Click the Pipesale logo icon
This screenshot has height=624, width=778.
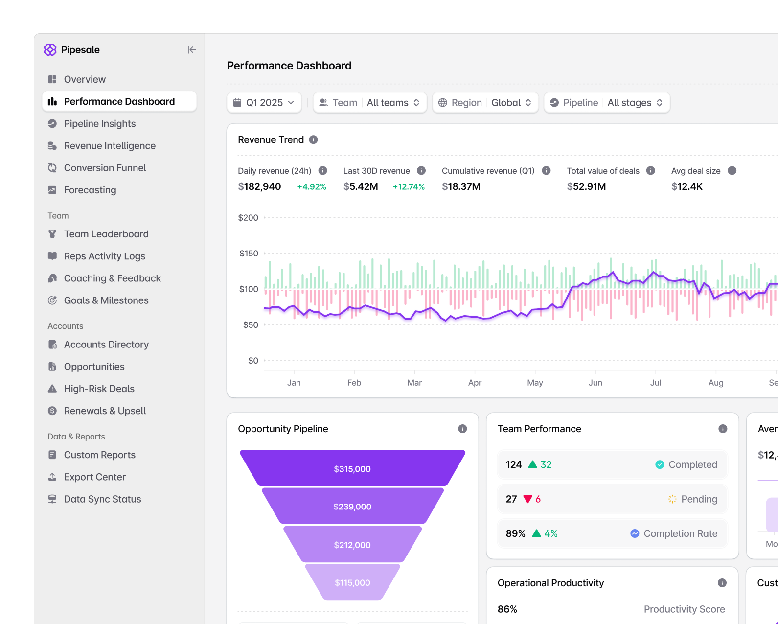click(x=50, y=49)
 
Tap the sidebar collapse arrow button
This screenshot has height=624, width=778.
click(x=192, y=49)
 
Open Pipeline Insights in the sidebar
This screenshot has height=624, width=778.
click(x=100, y=123)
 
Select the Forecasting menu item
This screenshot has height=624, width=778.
click(x=90, y=190)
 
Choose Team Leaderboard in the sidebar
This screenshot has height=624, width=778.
click(x=106, y=234)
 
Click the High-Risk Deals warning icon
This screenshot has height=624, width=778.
click(x=52, y=389)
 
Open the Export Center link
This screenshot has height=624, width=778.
click(x=95, y=477)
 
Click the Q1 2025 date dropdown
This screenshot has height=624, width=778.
click(x=264, y=103)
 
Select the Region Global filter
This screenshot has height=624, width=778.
click(x=485, y=103)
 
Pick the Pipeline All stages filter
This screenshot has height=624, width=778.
click(x=607, y=103)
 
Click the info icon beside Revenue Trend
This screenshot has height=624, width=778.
click(x=314, y=139)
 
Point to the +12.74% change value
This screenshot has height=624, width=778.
click(x=409, y=186)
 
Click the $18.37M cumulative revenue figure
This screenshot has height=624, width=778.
click(x=461, y=186)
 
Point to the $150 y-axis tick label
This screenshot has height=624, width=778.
click(x=249, y=253)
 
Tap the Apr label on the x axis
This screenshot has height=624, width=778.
click(x=475, y=383)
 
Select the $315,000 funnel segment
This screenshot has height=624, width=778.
click(x=352, y=468)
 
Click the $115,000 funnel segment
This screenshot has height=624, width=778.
click(x=352, y=582)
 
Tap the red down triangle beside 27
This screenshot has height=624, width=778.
click(x=528, y=499)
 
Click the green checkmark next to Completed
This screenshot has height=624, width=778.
click(x=660, y=464)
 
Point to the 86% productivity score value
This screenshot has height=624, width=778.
click(x=507, y=609)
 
